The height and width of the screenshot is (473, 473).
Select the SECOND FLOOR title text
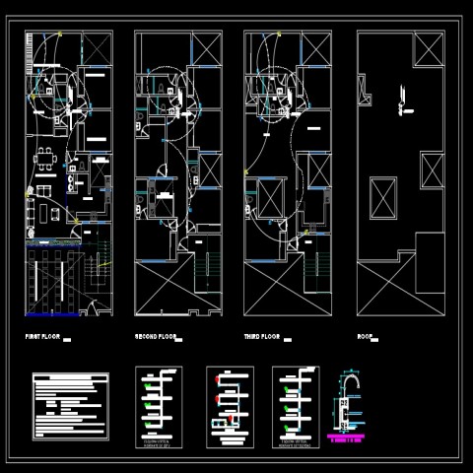point(156,337)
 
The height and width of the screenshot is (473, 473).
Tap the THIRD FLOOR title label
point(262,337)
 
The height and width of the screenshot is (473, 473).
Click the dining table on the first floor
point(45,159)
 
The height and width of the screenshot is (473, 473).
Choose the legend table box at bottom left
point(70,405)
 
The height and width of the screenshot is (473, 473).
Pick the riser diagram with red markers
point(230,402)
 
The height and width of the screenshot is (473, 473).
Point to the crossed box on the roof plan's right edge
point(433,170)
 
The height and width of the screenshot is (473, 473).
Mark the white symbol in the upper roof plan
point(402,96)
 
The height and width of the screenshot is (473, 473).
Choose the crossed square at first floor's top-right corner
point(96,48)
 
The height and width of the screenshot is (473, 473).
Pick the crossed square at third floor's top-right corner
point(315,48)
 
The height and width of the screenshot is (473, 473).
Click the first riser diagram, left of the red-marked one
point(158,402)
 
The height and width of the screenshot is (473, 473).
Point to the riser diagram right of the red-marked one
point(295,402)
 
